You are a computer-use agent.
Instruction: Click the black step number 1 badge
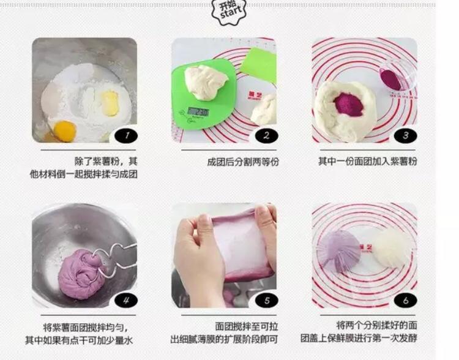(126, 136)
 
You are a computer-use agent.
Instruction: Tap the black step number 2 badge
(266, 136)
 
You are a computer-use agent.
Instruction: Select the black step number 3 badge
(405, 136)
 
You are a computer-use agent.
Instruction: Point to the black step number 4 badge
(126, 300)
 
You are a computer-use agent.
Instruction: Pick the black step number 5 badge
(266, 300)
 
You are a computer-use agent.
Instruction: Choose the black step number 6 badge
(405, 300)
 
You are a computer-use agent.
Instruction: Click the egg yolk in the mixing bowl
(65, 131)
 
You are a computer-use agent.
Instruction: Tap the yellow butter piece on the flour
(110, 103)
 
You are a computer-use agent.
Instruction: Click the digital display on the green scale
(198, 112)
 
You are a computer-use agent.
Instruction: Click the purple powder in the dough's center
(349, 105)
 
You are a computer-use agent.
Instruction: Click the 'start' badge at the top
(229, 11)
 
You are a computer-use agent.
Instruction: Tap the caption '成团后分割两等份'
(243, 162)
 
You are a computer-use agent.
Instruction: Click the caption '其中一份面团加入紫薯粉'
(368, 162)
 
